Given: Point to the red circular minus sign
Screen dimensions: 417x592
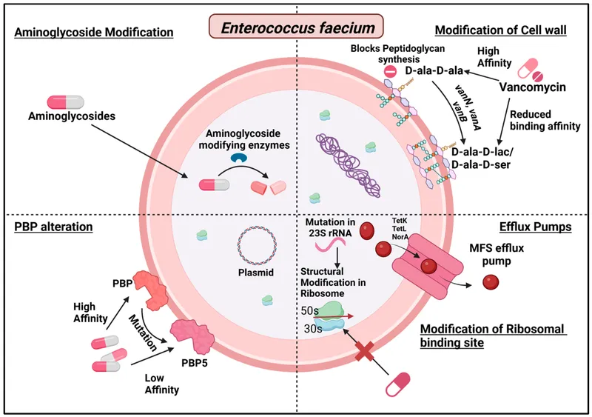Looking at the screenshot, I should (390, 72).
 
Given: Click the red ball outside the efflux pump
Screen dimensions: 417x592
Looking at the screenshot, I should (491, 281).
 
